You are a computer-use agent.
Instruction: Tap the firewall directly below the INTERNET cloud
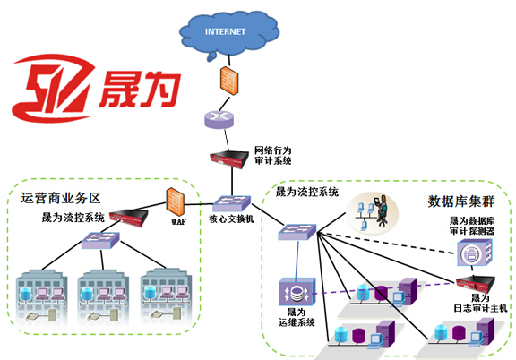pyautogui.click(x=229, y=81)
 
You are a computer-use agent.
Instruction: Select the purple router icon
pyautogui.click(x=219, y=119)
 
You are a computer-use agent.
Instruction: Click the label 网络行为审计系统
pyautogui.click(x=273, y=156)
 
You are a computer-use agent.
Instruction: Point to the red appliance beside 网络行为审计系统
pyautogui.click(x=229, y=159)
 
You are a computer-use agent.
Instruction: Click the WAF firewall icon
pyautogui.click(x=175, y=201)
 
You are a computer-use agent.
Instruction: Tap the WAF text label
pyautogui.click(x=178, y=222)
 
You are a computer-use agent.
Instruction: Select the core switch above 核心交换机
pyautogui.click(x=231, y=203)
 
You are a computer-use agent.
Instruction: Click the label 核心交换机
pyautogui.click(x=231, y=219)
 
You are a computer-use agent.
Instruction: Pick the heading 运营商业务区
pyautogui.click(x=61, y=198)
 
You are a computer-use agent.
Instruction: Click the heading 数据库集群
pyautogui.click(x=461, y=201)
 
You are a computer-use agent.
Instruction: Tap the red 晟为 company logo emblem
pyautogui.click(x=53, y=88)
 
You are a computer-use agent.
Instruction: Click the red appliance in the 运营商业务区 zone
pyautogui.click(x=129, y=217)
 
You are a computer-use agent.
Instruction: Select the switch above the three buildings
pyautogui.click(x=100, y=240)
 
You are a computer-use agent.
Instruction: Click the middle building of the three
pyautogui.click(x=103, y=296)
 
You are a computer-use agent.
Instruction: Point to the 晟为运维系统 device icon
pyautogui.click(x=297, y=292)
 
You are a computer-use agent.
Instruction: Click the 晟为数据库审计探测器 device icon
pyautogui.click(x=475, y=253)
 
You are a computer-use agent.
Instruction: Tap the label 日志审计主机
pyautogui.click(x=480, y=308)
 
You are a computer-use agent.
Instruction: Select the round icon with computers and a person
pyautogui.click(x=372, y=213)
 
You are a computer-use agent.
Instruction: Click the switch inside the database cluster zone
pyautogui.click(x=297, y=232)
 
